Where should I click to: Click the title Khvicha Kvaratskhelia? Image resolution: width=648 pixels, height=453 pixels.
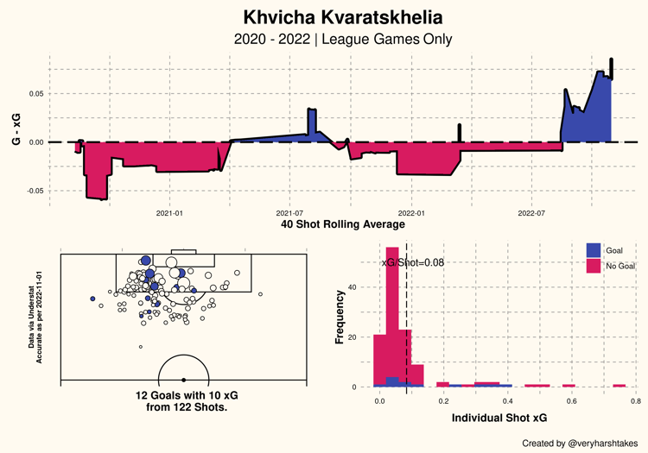[342, 17]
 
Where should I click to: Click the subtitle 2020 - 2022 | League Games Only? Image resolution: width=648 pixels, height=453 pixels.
[342, 40]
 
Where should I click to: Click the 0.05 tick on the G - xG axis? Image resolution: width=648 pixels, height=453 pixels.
[35, 93]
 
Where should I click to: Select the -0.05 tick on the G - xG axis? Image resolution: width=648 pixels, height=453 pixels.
[34, 191]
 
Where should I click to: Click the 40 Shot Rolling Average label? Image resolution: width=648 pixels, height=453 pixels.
[343, 224]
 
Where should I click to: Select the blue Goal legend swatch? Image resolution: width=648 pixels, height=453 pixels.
[594, 250]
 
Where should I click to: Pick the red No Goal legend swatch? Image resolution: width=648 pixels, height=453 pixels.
[594, 267]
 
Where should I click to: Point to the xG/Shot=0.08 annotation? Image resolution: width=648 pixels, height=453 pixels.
[412, 262]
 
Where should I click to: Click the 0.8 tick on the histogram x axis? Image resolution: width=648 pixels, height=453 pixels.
[634, 401]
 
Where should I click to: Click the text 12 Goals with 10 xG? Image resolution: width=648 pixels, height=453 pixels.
[182, 395]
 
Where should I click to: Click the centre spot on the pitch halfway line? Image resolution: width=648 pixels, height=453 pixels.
[183, 380]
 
